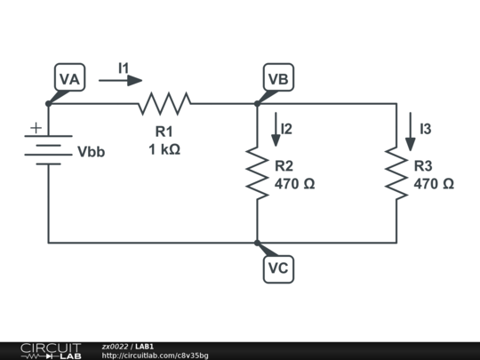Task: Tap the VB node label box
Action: pyautogui.click(x=278, y=79)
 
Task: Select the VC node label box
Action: pyautogui.click(x=278, y=268)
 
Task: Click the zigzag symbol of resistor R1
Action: pyautogui.click(x=164, y=104)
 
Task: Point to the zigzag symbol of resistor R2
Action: pyautogui.click(x=257, y=173)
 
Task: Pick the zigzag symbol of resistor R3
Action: pyautogui.click(x=396, y=173)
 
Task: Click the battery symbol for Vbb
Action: pyautogui.click(x=48, y=151)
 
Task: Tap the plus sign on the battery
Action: pyautogui.click(x=36, y=128)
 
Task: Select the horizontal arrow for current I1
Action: pyautogui.click(x=120, y=81)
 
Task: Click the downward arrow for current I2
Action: pyautogui.click(x=275, y=130)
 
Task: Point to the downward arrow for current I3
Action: pyautogui.click(x=410, y=130)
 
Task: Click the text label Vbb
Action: pyautogui.click(x=91, y=152)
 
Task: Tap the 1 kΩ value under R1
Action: pyautogui.click(x=164, y=149)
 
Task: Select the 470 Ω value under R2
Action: pyautogui.click(x=294, y=184)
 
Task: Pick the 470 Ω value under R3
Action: pyautogui.click(x=434, y=184)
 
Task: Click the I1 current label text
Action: pyautogui.click(x=124, y=67)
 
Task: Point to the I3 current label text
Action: pyautogui.click(x=426, y=130)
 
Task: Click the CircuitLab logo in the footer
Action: pyautogui.click(x=50, y=350)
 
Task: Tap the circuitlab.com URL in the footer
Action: pyautogui.click(x=155, y=356)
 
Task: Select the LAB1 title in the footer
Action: pyautogui.click(x=145, y=346)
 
